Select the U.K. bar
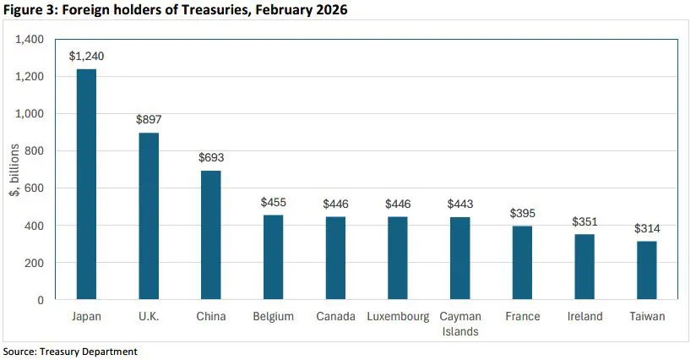148,216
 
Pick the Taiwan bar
647,270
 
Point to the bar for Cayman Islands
459,259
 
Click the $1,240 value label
86,56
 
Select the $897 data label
148,120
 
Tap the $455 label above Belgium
273,202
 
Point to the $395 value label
522,213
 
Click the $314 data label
647,228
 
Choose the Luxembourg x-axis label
397,317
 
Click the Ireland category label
585,317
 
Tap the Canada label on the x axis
335,317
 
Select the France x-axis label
522,317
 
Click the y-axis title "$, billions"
14,170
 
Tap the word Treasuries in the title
189,10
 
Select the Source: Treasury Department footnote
70,351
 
